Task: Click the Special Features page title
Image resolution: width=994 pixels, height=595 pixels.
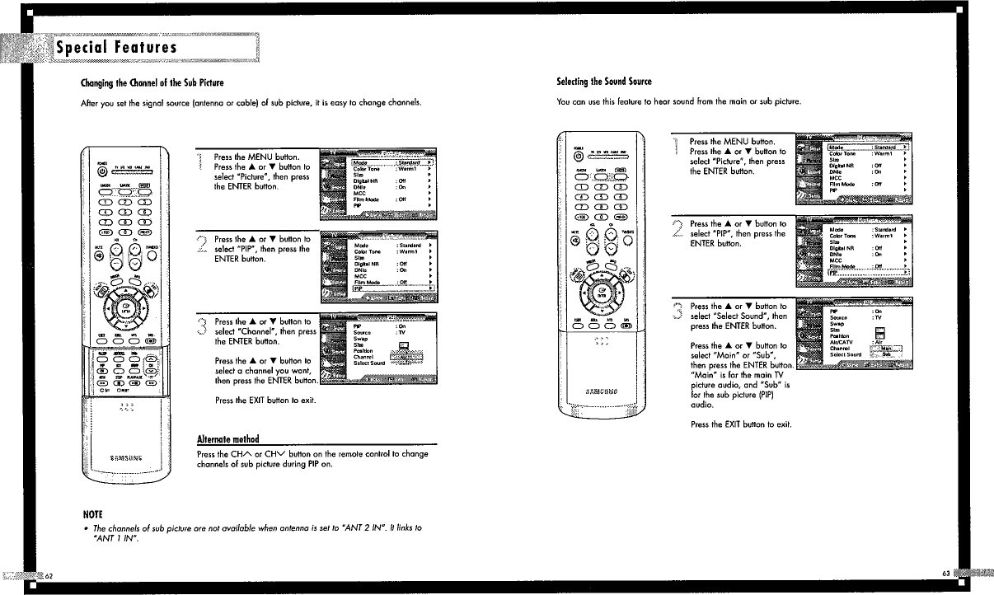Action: [115, 48]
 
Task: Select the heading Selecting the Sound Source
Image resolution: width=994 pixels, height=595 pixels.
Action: [604, 82]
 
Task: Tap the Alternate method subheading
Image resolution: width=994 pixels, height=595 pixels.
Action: [227, 438]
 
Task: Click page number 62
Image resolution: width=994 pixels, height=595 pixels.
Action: [49, 574]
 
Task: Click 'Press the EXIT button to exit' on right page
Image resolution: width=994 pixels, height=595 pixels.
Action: [740, 424]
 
